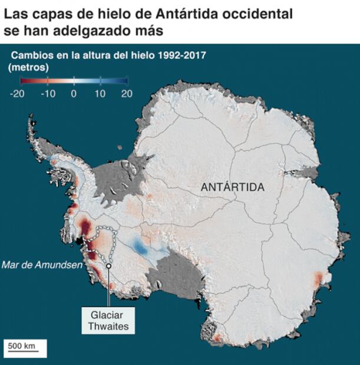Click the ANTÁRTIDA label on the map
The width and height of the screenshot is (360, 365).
(x=233, y=187)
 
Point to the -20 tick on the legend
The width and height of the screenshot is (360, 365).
(x=16, y=94)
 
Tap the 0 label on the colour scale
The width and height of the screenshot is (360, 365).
(x=74, y=94)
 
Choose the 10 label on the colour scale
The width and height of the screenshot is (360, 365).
(x=100, y=94)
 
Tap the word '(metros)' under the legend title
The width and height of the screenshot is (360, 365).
(x=28, y=67)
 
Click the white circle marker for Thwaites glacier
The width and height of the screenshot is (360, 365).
(x=109, y=266)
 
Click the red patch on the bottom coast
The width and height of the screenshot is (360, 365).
(x=217, y=337)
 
